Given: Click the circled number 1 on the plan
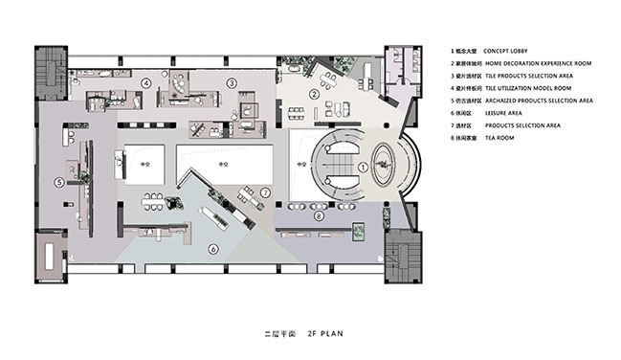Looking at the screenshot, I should tap(363, 167).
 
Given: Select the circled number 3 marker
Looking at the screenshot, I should tap(231, 83).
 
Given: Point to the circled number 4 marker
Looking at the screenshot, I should tap(145, 83).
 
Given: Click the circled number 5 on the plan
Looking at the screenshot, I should tap(59, 180).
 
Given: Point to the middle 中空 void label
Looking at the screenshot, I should tap(223, 165).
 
